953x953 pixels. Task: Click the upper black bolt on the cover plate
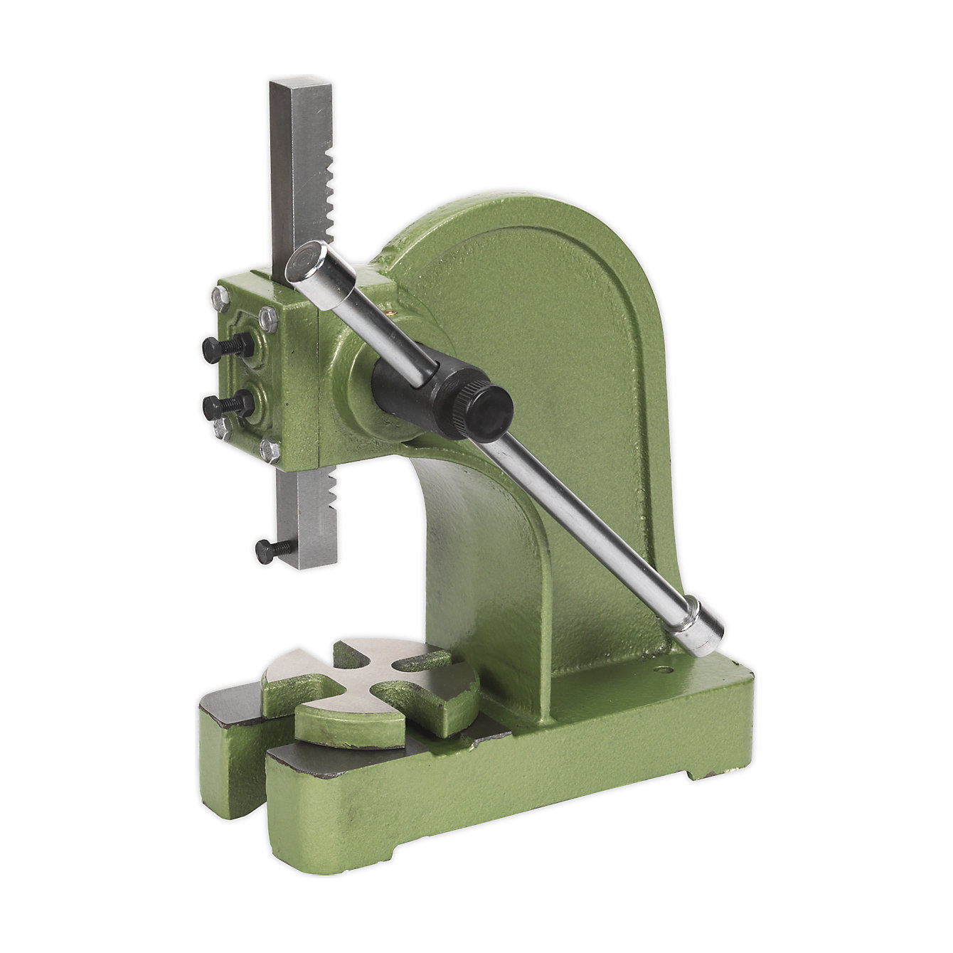pyautogui.click(x=226, y=348)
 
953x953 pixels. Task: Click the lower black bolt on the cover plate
pyautogui.click(x=226, y=406)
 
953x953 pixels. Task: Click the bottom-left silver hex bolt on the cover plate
pyautogui.click(x=221, y=427)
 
